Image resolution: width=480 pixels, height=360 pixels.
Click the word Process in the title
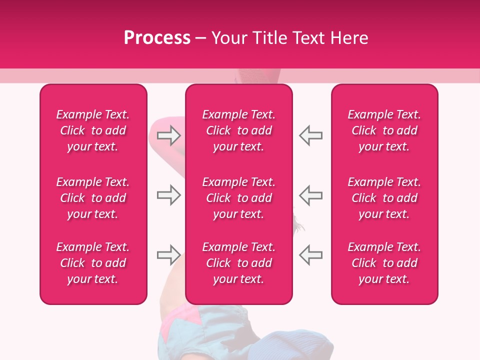157,38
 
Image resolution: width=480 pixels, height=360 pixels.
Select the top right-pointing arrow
168,135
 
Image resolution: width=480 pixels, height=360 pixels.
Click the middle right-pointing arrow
168,195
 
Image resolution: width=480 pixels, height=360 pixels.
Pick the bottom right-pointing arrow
168,254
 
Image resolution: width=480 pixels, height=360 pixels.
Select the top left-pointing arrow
310,135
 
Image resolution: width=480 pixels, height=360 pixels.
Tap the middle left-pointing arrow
310,195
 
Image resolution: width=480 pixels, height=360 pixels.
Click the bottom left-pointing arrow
310,254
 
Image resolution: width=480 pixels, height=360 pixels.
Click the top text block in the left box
93,130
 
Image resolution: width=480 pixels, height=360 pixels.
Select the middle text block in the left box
93,198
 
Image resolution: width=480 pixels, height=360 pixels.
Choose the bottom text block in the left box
93,263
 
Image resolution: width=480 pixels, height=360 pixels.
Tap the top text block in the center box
239,130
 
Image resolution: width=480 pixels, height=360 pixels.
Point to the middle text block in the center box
239,198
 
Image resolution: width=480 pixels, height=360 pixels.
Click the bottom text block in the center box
239,263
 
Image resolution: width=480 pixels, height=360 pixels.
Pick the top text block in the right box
384,130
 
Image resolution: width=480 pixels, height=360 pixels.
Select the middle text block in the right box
384,198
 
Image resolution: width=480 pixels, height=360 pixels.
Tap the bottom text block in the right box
384,263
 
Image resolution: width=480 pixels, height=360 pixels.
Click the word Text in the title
309,38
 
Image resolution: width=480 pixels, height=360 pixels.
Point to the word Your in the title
229,38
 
